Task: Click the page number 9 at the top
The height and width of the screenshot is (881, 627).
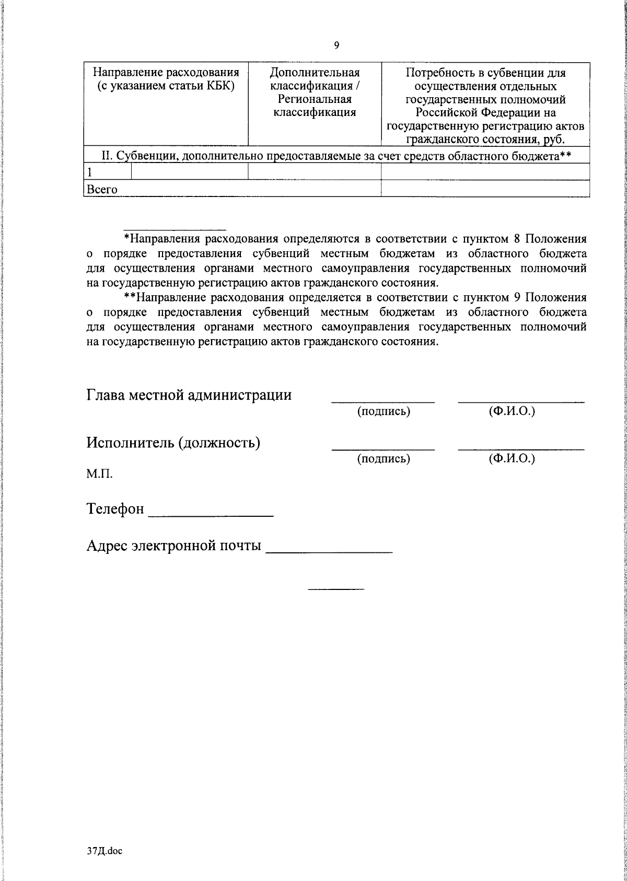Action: click(x=336, y=45)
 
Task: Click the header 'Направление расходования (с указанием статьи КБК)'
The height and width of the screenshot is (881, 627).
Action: click(x=166, y=79)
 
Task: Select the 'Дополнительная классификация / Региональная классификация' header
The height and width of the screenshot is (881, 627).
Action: click(x=315, y=92)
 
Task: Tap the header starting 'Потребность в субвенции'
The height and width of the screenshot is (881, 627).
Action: click(x=485, y=106)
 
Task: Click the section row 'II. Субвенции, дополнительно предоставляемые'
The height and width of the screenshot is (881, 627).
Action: click(x=336, y=156)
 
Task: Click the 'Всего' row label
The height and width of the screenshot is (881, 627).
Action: click(x=102, y=189)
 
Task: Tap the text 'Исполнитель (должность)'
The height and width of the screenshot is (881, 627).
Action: click(x=173, y=443)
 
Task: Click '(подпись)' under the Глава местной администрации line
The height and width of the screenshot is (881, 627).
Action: click(x=384, y=412)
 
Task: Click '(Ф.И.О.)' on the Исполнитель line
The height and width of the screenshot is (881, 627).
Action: click(x=512, y=459)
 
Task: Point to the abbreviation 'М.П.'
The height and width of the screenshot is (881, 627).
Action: click(x=99, y=474)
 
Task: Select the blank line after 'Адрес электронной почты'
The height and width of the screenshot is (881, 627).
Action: click(x=329, y=551)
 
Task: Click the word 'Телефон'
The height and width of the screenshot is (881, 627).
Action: click(x=115, y=508)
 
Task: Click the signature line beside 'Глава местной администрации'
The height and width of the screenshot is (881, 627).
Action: click(x=383, y=401)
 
